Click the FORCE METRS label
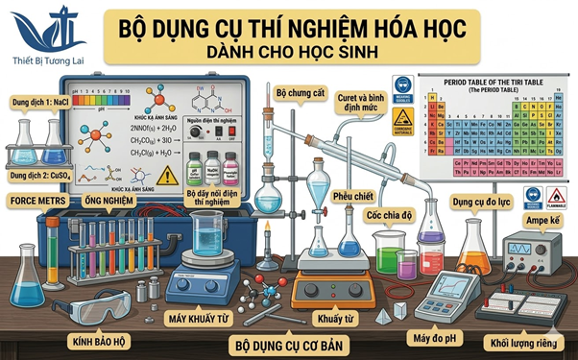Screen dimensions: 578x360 pyautogui.click(x=36, y=201)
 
